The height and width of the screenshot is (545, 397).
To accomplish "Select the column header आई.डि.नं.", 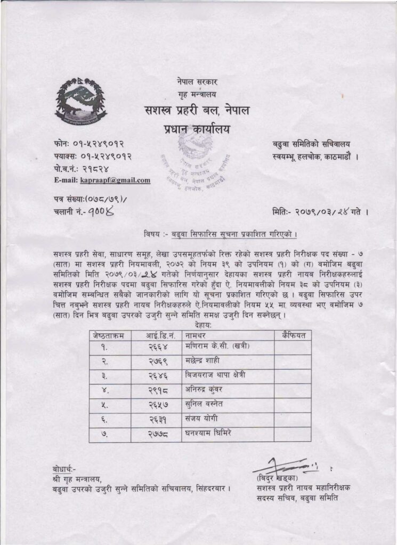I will tap(159, 335).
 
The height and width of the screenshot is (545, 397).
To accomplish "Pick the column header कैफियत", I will tap(292, 335).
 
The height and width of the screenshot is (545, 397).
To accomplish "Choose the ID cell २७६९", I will tap(159, 361).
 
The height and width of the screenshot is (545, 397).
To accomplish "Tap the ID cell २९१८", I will tap(159, 390).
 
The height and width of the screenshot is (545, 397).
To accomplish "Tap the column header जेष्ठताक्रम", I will tap(108, 335).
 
